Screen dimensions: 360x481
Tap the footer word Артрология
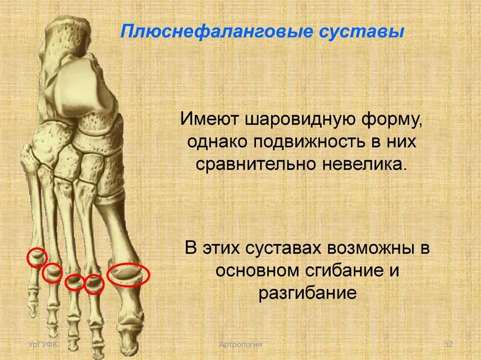point(240,345)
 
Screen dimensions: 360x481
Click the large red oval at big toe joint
point(128,275)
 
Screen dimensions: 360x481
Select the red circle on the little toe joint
point(36,257)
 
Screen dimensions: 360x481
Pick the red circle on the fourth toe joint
point(53,273)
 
